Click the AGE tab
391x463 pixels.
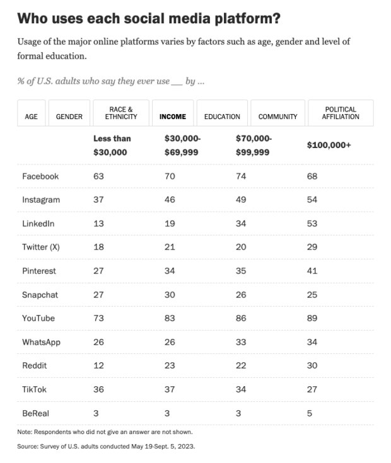coord(31,117)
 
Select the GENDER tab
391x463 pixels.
coord(69,117)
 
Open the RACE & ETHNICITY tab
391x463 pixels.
coord(121,113)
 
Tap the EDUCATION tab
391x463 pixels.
coord(222,117)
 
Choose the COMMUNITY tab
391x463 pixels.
coord(277,117)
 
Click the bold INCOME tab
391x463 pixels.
coord(173,117)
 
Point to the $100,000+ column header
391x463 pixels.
coord(329,145)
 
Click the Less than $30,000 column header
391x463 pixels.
coord(112,145)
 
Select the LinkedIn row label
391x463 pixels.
coord(38,224)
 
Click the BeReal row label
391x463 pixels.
coord(36,413)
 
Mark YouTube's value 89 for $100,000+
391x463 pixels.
coord(312,318)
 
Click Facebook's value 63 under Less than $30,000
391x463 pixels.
coord(99,176)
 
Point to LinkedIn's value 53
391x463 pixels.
coord(312,224)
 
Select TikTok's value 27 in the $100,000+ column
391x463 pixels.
coord(312,389)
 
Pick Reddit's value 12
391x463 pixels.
coord(99,365)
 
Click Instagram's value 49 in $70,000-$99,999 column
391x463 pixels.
coord(241,200)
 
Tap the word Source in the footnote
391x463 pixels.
coord(27,446)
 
